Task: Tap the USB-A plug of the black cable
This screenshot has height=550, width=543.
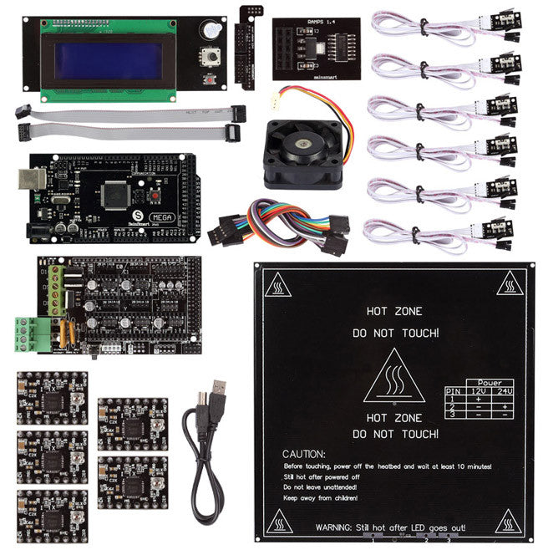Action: pos(219,393)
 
